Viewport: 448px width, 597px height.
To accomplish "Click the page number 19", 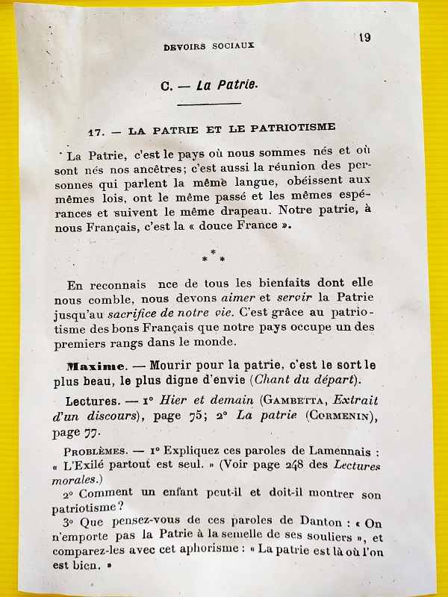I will [364, 38].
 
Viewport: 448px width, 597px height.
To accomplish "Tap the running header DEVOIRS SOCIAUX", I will [209, 46].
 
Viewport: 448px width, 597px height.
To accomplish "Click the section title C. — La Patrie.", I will [209, 85].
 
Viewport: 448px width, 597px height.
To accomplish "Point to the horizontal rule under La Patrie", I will [209, 104].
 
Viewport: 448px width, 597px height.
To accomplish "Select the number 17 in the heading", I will [95, 131].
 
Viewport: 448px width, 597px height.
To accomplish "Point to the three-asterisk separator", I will [213, 257].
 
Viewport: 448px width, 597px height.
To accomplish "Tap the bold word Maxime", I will [95, 366].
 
